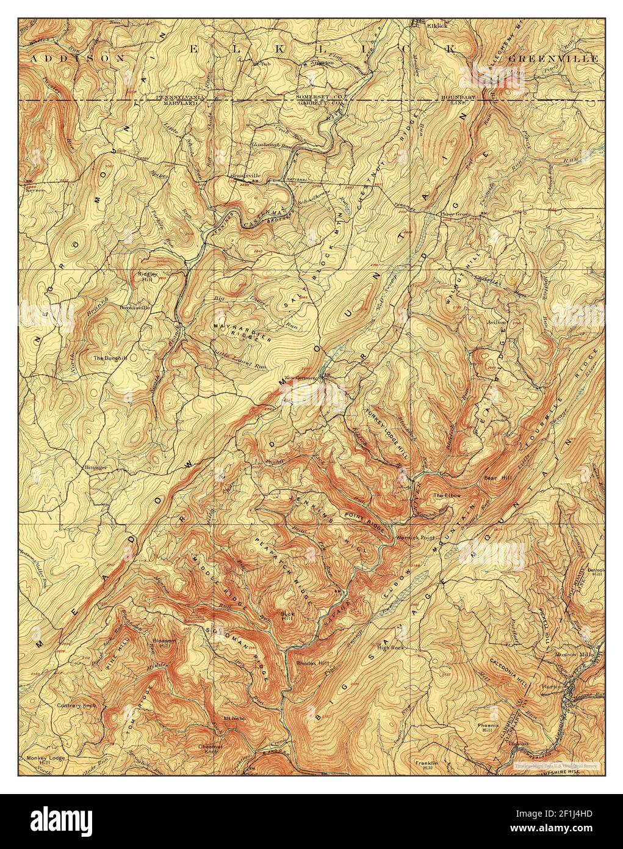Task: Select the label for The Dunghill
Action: coord(110,357)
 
